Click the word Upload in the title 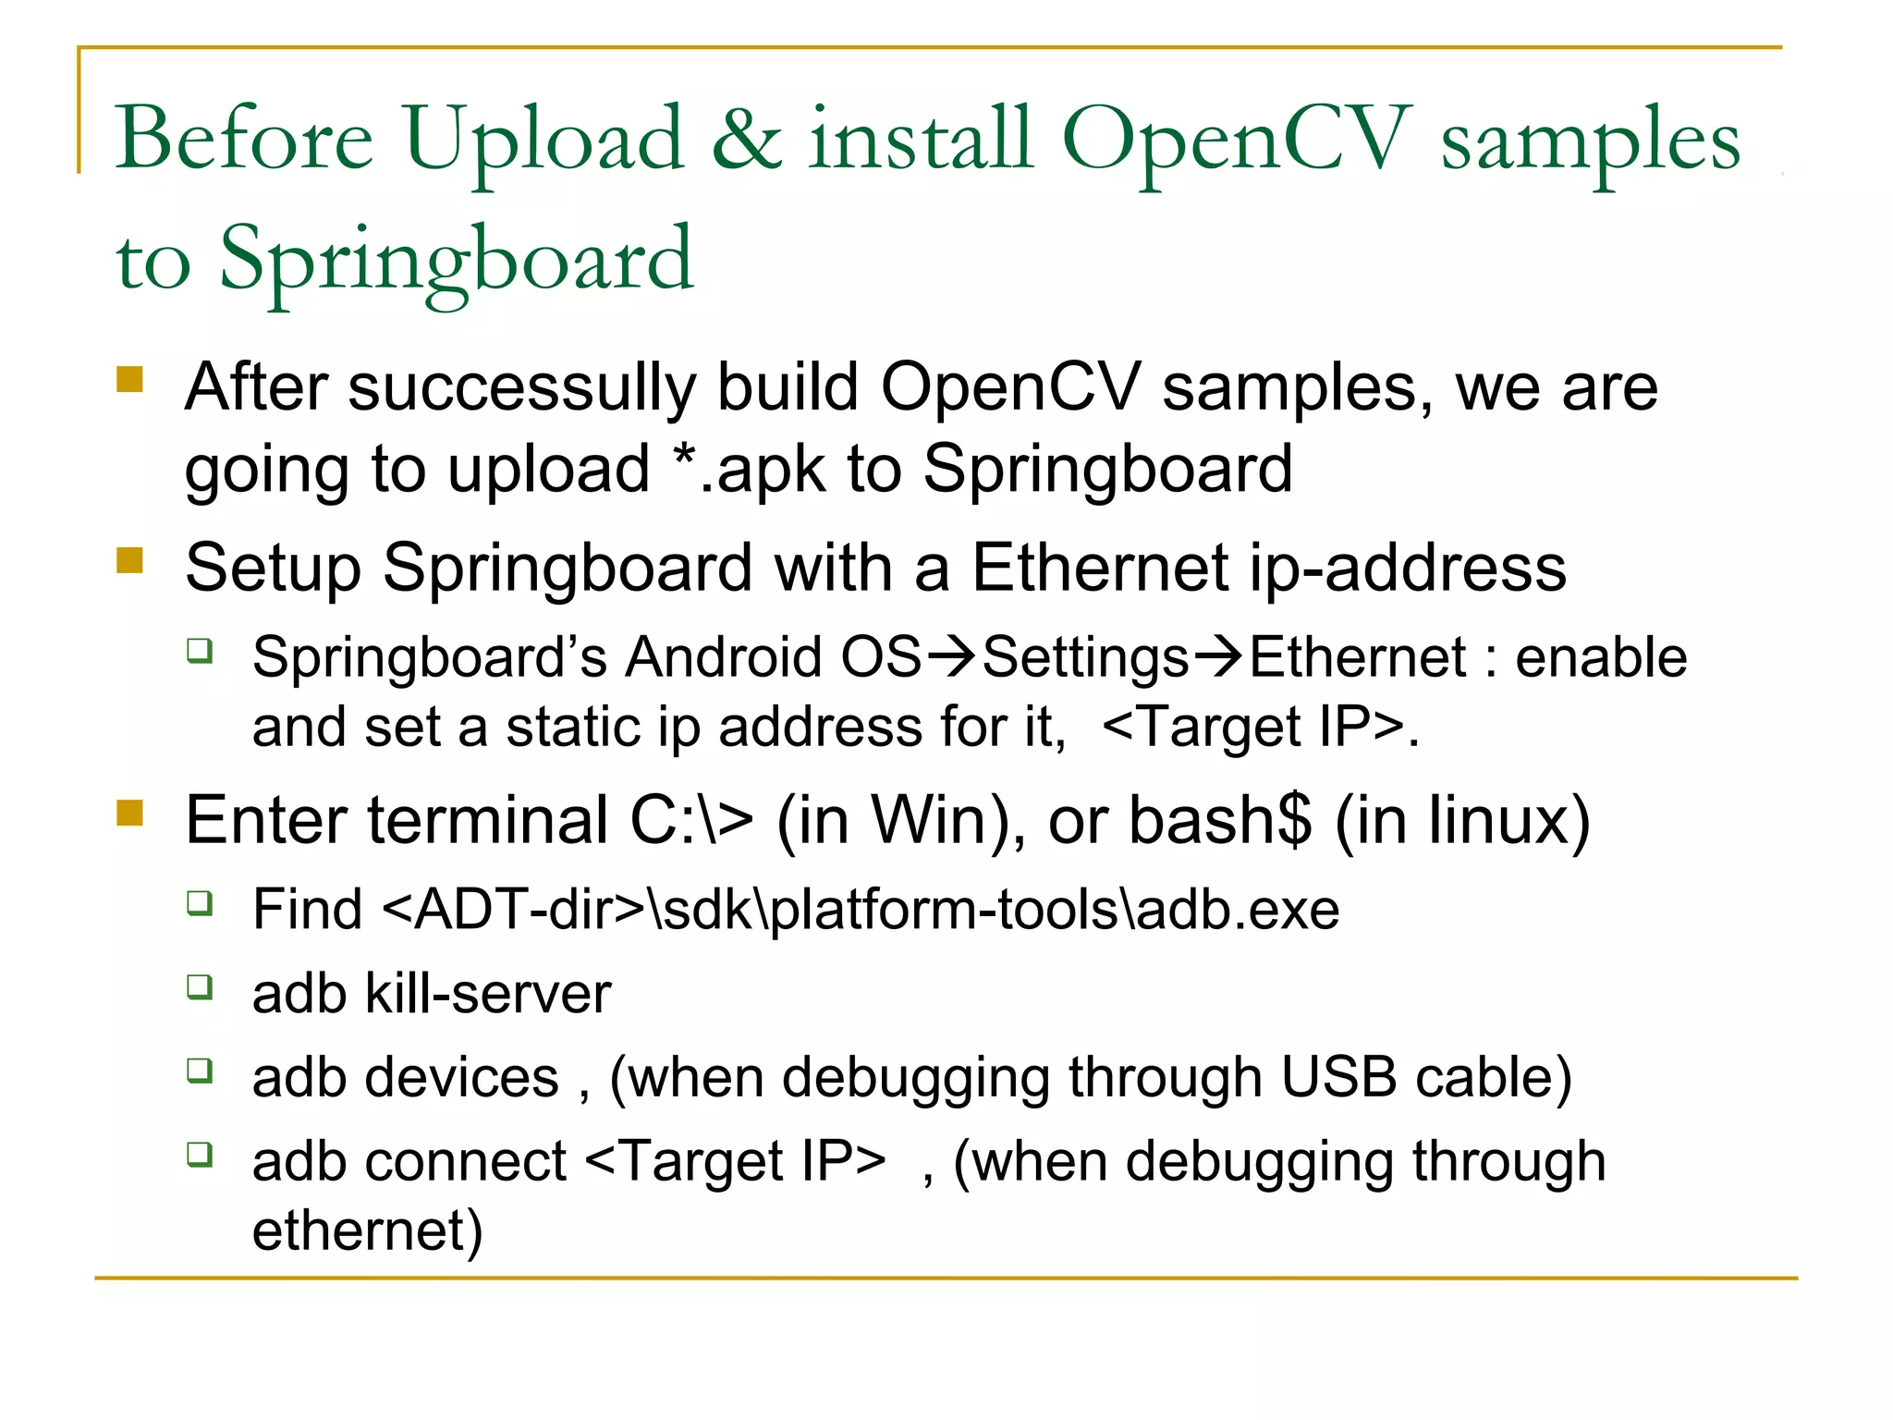pos(543,141)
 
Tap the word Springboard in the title pos(456,261)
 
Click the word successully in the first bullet pos(521,387)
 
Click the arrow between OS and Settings pos(951,657)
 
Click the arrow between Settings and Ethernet pos(1219,657)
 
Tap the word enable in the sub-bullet pos(1601,657)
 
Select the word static pos(572,727)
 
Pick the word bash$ pos(1220,820)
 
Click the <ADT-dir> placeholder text pos(513,910)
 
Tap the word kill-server pos(488,994)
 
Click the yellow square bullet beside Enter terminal pos(130,813)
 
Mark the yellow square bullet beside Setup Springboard pos(130,560)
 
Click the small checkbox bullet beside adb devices pos(200,1071)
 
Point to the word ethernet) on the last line pos(367,1231)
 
